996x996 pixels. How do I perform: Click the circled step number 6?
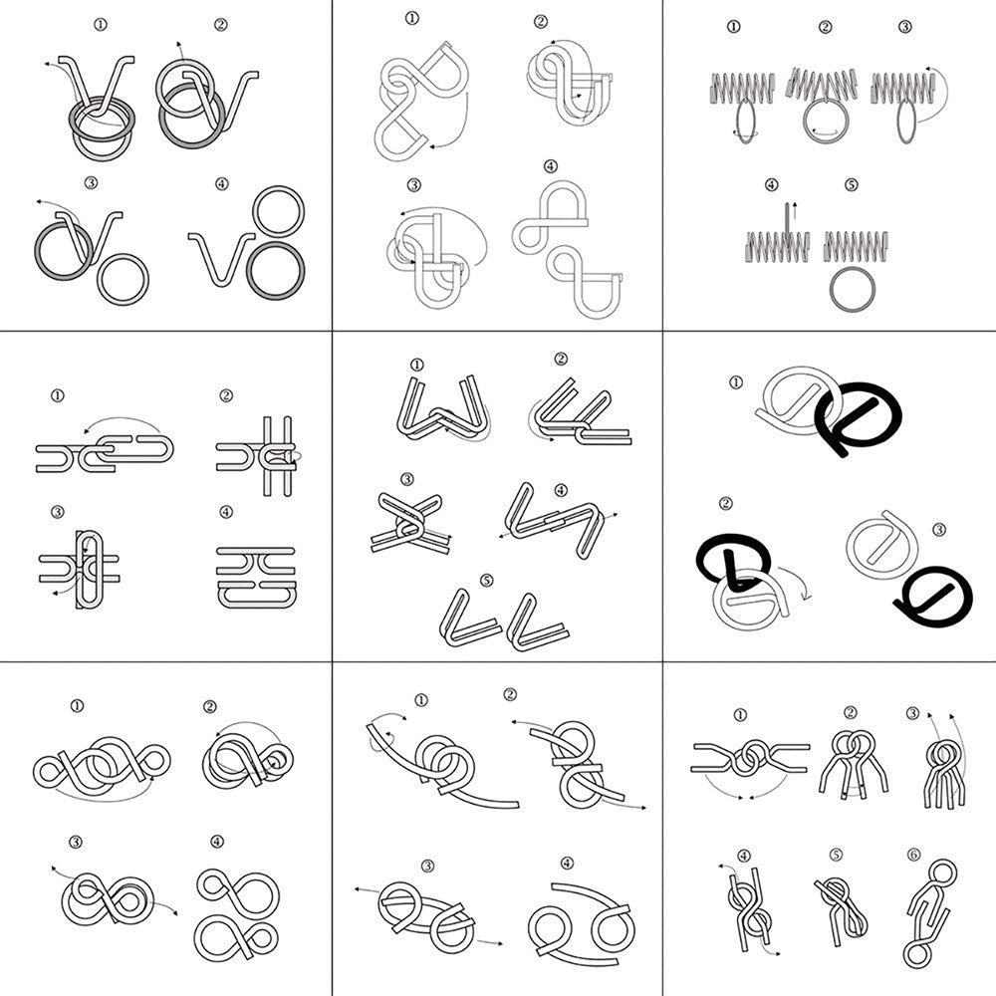[913, 854]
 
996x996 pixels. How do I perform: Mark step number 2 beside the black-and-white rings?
[726, 504]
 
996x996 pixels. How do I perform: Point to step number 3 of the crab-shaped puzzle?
[427, 865]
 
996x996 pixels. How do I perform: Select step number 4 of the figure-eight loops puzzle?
[217, 842]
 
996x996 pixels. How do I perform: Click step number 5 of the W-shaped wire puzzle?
[486, 580]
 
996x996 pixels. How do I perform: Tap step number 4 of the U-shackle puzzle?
[551, 165]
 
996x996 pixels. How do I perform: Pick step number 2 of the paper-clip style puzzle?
[226, 395]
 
